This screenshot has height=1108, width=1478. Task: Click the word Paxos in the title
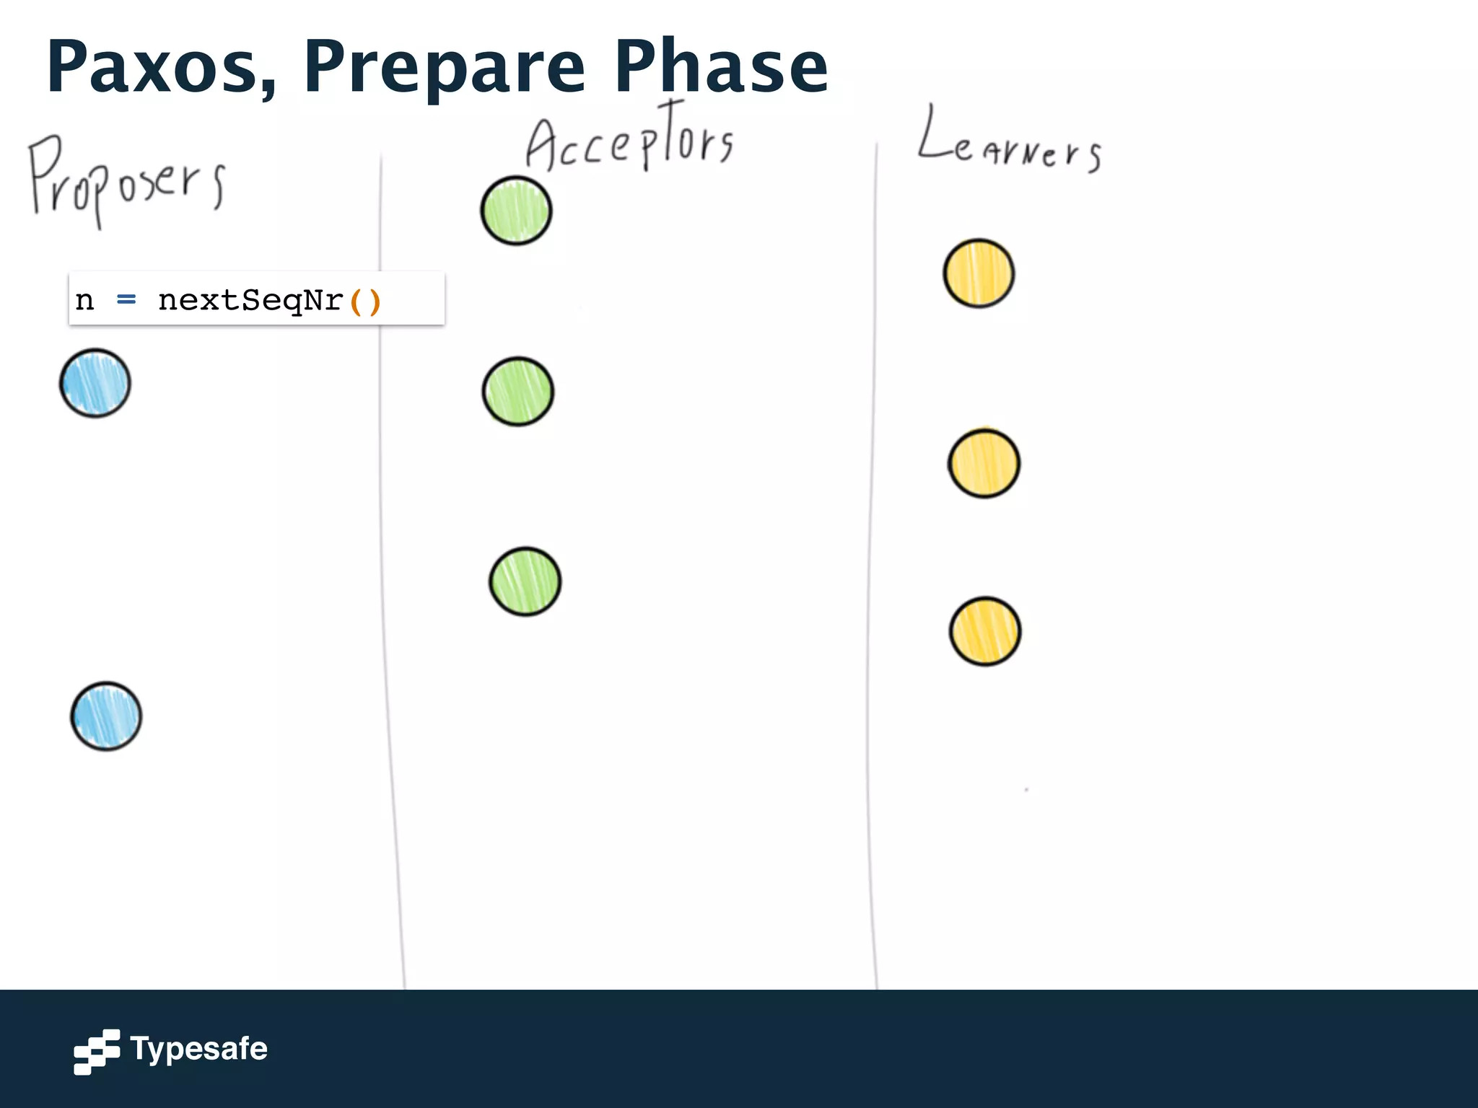point(160,66)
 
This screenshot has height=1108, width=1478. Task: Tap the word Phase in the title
point(721,66)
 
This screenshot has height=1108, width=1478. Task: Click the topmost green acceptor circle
point(516,211)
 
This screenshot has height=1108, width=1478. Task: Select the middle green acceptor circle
point(517,392)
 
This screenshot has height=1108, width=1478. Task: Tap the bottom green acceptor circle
point(525,581)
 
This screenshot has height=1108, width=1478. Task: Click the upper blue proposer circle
point(95,383)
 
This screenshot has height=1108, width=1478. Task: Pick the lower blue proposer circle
point(106,716)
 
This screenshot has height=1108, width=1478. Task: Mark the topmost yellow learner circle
point(979,273)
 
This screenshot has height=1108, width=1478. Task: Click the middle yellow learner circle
point(984,463)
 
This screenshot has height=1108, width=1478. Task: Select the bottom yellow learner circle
point(984,631)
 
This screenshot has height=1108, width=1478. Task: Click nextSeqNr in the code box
point(250,300)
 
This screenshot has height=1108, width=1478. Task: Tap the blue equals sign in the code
point(126,299)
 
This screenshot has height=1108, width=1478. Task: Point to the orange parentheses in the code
point(364,301)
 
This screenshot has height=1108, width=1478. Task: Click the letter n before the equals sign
point(84,300)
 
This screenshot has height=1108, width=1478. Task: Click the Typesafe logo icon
point(97,1051)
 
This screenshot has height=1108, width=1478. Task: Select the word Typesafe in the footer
point(198,1050)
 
